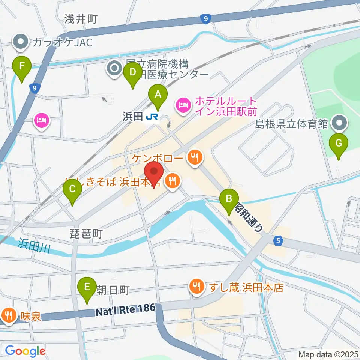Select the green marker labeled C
72,191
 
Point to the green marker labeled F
22,68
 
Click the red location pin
154,173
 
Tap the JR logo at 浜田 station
152,117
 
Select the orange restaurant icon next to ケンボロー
194,156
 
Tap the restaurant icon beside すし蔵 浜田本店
196,288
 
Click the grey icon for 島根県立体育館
340,122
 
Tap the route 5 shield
277,241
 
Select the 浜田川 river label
34,247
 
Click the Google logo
25,351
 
